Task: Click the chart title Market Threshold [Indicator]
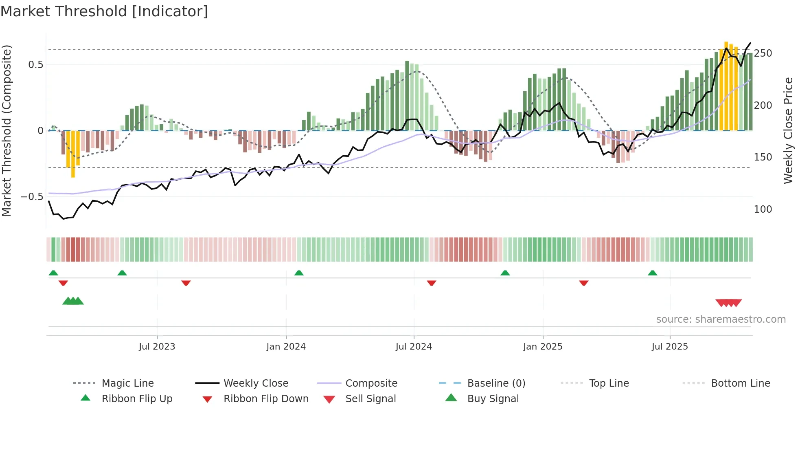click(x=104, y=11)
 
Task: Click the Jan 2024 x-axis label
click(x=286, y=347)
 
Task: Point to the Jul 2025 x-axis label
click(x=669, y=347)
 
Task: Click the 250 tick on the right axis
click(x=763, y=53)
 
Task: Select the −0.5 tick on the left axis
click(x=32, y=197)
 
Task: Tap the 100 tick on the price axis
click(x=763, y=209)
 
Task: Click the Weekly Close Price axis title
click(x=788, y=130)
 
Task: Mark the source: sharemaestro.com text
click(x=721, y=319)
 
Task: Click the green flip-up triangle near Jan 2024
click(x=299, y=273)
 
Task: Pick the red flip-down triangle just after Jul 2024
click(x=432, y=283)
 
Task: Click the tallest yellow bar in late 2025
click(x=726, y=86)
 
